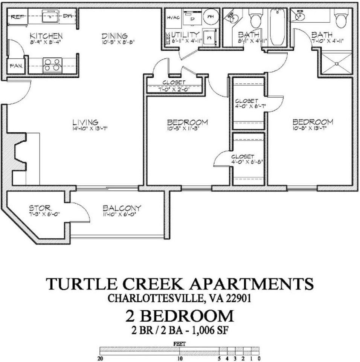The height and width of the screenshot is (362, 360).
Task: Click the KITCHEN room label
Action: (46, 36)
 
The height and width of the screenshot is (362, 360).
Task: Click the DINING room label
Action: (114, 36)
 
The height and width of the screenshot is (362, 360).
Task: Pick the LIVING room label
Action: (85, 123)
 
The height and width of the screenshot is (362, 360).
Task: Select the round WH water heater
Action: (211, 17)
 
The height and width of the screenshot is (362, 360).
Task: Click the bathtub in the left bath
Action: (278, 26)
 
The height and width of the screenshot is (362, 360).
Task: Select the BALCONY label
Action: (122, 208)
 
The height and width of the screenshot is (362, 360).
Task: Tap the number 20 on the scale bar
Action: (100, 359)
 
